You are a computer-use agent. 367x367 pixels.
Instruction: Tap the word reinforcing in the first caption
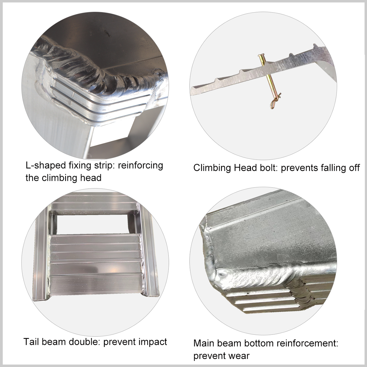coord(140,165)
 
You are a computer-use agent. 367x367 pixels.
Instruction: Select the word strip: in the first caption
coord(104,165)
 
